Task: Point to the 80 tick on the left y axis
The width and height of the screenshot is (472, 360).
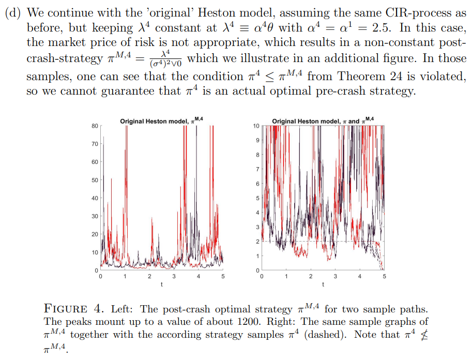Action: pos(95,126)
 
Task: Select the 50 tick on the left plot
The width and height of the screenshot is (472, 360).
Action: pos(95,180)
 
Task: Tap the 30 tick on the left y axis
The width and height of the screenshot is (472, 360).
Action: pos(95,216)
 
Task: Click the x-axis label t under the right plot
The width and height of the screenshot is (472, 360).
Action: pos(323,284)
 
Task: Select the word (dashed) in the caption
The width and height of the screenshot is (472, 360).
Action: pos(325,335)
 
